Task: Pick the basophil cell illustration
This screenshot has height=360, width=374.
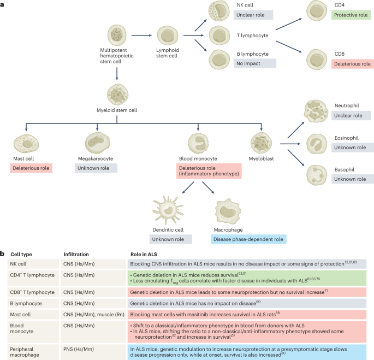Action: point(315,175)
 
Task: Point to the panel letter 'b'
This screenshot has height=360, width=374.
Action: point(3,253)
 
